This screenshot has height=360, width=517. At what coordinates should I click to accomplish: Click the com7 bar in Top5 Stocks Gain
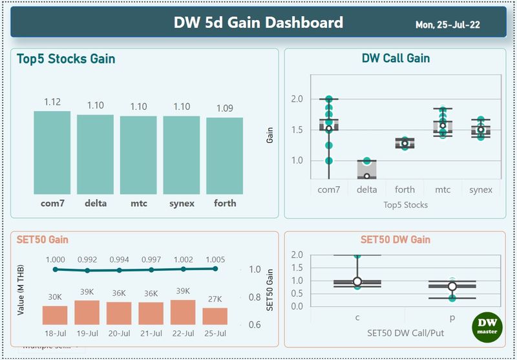[x=52, y=153]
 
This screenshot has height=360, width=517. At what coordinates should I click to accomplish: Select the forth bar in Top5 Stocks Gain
[x=224, y=156]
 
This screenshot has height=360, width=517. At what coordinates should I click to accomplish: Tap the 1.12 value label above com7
[x=52, y=102]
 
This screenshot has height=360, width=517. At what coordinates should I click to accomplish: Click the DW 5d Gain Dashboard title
[x=258, y=23]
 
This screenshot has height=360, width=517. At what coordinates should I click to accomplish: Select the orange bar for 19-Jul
[x=87, y=312]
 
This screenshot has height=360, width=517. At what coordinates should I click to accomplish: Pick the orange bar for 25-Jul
[x=215, y=316]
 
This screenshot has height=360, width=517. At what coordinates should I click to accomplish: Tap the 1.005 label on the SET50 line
[x=215, y=259]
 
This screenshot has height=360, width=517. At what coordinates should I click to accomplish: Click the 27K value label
[x=215, y=298]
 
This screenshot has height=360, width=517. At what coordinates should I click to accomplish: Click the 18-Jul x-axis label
[x=55, y=334]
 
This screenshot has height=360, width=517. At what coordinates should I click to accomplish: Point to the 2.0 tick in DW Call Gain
[x=297, y=99]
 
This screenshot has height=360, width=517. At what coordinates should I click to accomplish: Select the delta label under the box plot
[x=367, y=189]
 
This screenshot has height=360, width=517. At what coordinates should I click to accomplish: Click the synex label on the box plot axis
[x=480, y=189]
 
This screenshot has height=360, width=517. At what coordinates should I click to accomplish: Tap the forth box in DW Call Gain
[x=405, y=143]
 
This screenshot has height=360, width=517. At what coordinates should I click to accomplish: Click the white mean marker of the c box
[x=357, y=282]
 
